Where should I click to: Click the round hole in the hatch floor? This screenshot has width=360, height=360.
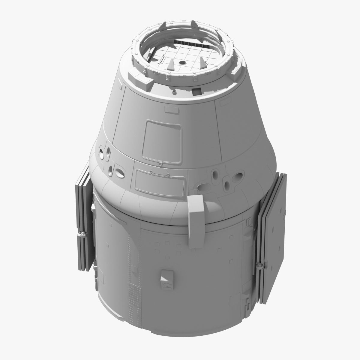point(182,62)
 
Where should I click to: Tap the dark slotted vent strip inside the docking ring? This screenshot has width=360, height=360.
point(193,45)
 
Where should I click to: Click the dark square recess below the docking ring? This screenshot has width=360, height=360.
point(196,91)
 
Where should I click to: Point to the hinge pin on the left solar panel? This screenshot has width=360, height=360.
point(82,233)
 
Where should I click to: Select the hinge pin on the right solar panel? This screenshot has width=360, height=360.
point(259,265)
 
